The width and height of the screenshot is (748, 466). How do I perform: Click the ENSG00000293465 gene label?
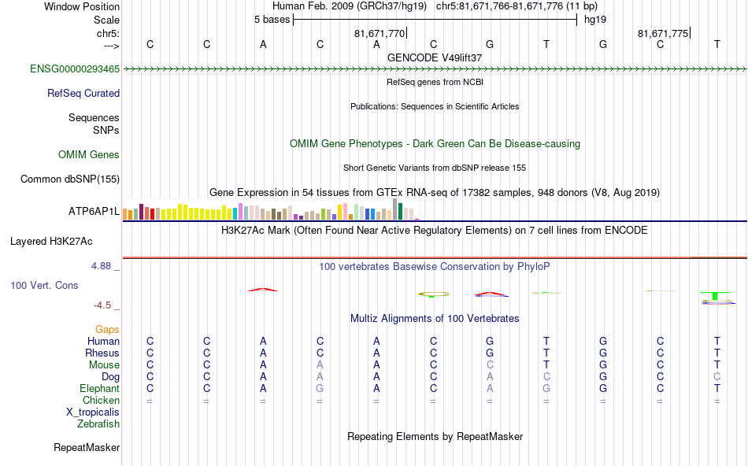pos(75,69)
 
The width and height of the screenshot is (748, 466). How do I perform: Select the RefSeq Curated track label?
pos(83,93)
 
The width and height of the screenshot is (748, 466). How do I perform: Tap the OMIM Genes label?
pos(89,155)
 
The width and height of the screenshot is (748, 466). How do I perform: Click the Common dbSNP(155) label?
pos(69,179)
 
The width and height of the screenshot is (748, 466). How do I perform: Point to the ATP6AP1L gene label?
pos(94,212)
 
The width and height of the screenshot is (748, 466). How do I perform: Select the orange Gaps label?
pos(107,329)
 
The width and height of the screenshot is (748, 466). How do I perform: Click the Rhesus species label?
pos(102,353)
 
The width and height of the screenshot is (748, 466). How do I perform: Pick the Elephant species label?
pos(99,389)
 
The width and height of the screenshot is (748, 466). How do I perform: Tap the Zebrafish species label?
pos(98,424)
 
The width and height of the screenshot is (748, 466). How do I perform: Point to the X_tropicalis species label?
pos(93,412)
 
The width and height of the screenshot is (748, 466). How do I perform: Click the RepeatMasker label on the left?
pos(87,448)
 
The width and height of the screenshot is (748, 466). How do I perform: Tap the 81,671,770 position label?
pos(380,34)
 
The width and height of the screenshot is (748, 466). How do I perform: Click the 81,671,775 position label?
pos(663,34)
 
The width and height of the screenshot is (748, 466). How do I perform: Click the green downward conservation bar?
pos(715,296)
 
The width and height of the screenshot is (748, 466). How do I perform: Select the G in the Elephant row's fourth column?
pos(320,389)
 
